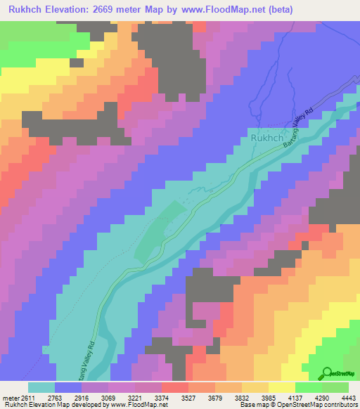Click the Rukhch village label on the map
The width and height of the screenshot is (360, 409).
pos(266,139)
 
